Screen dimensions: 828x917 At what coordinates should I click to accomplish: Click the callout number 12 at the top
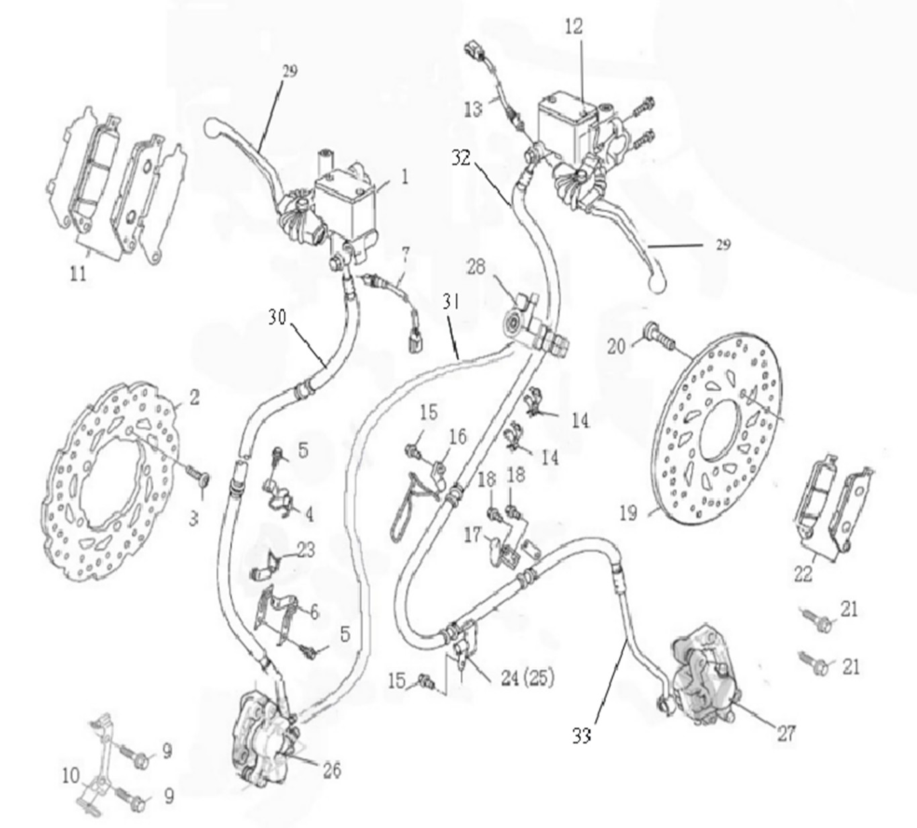(x=574, y=27)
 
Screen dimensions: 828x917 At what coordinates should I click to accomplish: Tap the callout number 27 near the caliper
(x=786, y=733)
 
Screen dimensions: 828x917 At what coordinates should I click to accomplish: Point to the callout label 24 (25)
(x=527, y=678)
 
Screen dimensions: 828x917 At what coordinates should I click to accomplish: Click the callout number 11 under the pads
(x=79, y=274)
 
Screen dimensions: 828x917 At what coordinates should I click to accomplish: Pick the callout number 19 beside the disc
(x=627, y=513)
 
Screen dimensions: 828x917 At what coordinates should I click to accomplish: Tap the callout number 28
(x=476, y=267)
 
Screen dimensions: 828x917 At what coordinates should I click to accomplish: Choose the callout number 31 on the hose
(x=451, y=302)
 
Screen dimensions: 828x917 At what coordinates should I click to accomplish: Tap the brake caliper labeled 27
(x=702, y=675)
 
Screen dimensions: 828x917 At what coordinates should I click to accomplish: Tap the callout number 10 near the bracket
(x=71, y=776)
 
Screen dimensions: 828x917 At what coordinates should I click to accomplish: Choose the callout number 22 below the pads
(x=803, y=573)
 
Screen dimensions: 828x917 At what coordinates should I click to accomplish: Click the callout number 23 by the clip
(x=306, y=550)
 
